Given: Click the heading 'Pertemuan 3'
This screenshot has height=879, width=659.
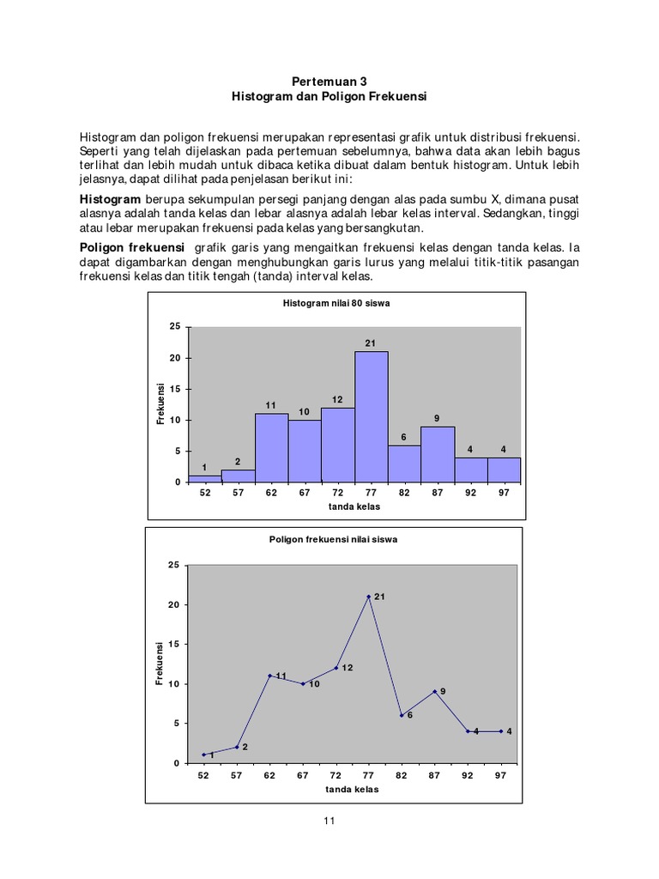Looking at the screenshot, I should click(329, 82).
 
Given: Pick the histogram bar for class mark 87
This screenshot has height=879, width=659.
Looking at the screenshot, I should click(438, 454).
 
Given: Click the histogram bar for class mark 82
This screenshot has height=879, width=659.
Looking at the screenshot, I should click(404, 464).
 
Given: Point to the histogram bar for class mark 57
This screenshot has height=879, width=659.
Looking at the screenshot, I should click(238, 476).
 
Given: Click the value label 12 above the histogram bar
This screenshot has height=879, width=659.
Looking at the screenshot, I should click(337, 399).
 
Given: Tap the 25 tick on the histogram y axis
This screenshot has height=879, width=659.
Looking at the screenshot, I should click(175, 327).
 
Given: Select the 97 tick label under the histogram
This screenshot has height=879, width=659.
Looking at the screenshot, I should click(504, 494).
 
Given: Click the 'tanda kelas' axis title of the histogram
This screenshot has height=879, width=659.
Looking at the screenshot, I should click(354, 507).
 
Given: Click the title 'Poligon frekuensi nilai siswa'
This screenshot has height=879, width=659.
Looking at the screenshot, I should click(334, 540).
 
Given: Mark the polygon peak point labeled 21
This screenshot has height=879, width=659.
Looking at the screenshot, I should click(368, 596).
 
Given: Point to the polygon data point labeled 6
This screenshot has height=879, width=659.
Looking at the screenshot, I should click(402, 715).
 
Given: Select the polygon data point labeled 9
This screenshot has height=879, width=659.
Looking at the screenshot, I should click(435, 691).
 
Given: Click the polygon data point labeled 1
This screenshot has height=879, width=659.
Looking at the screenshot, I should click(203, 755).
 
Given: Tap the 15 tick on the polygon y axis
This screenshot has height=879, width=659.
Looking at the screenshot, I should click(173, 644).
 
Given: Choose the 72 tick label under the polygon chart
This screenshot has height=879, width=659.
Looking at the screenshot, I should click(336, 775).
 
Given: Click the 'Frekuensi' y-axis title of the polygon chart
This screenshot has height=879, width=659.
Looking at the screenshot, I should click(160, 664).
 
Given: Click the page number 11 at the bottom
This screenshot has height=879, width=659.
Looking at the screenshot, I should click(329, 821).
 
